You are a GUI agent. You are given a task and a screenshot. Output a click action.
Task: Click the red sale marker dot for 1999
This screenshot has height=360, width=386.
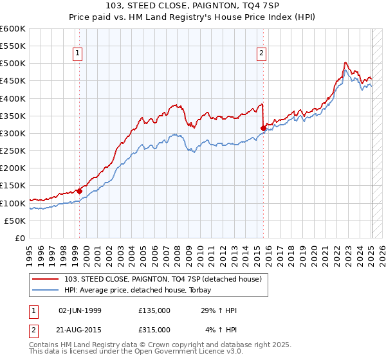click(79, 191)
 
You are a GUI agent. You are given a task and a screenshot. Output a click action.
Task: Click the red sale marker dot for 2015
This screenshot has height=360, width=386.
click(263, 129)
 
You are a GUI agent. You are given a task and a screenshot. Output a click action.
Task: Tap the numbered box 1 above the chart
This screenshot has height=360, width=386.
click(77, 54)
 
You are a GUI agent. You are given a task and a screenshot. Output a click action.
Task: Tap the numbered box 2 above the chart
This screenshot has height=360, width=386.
click(262, 54)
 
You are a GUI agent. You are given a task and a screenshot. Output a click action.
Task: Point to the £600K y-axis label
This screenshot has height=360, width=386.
click(13, 29)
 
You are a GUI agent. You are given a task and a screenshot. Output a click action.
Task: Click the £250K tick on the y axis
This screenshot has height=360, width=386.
click(13, 150)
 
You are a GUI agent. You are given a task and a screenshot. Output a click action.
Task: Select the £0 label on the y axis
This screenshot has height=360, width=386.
click(21, 238)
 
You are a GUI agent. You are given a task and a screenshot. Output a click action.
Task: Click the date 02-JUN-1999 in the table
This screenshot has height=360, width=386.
click(80, 311)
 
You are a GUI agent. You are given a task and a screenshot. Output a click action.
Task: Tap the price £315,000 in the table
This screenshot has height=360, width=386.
click(154, 329)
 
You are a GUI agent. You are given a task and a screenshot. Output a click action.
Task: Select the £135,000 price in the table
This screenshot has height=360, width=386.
click(154, 311)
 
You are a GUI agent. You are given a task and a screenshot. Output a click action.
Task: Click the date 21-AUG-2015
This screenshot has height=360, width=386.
click(80, 329)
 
